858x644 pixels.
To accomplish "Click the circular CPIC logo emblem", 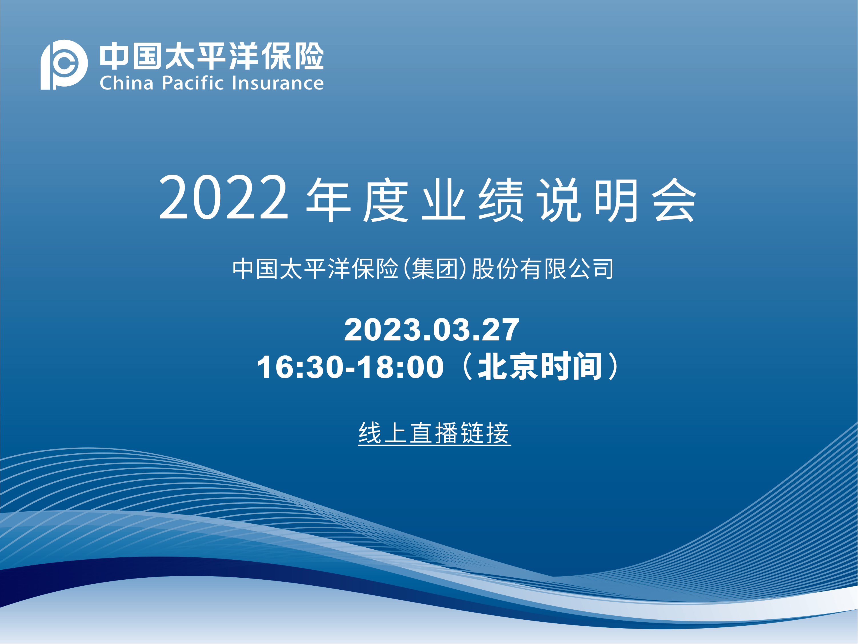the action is [64, 64].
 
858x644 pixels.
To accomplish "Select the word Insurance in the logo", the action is [278, 83].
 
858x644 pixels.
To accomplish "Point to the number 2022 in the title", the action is [223, 197].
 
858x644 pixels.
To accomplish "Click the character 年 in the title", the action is [329, 200].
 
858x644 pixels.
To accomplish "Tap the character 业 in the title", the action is [443, 200].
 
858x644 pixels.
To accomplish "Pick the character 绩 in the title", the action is [501, 200].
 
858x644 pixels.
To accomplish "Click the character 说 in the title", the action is [559, 200].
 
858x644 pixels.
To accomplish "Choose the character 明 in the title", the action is [616, 200].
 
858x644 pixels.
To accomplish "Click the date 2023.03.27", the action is [431, 330].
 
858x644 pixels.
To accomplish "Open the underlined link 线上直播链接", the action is [434, 433].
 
